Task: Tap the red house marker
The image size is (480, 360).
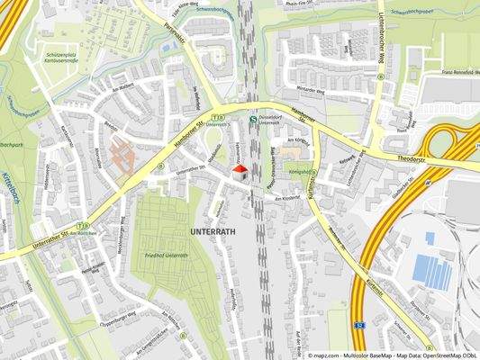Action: [x=240, y=170]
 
